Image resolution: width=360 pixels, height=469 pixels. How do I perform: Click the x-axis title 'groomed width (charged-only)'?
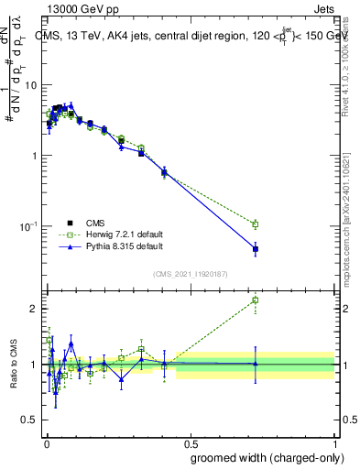point(267,457)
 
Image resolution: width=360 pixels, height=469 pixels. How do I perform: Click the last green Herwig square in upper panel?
point(256,224)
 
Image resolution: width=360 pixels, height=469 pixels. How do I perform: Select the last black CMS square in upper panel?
point(256,248)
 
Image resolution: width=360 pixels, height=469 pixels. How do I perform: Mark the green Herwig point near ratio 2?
point(256,300)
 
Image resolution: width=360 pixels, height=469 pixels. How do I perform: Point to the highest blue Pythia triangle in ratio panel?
point(71,344)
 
